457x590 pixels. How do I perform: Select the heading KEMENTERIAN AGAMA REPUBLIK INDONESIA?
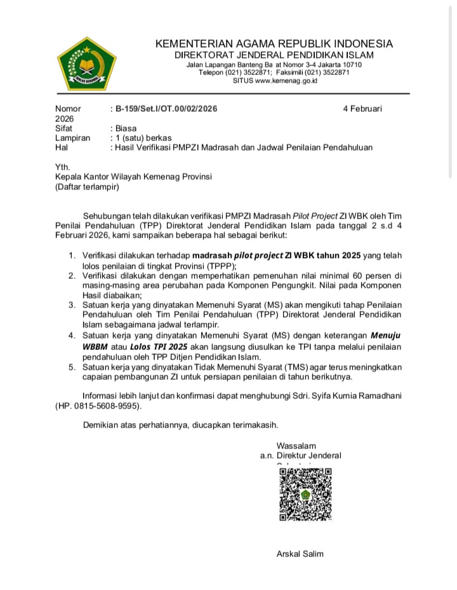(x=274, y=44)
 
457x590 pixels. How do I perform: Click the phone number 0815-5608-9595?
(x=107, y=406)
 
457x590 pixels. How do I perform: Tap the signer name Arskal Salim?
(x=300, y=554)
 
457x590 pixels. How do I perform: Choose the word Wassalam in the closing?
(x=296, y=445)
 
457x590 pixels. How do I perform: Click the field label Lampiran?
(x=72, y=137)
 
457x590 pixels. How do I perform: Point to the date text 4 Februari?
(x=362, y=109)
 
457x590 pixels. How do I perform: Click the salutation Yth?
(x=62, y=167)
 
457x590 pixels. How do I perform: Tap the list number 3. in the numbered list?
(x=72, y=305)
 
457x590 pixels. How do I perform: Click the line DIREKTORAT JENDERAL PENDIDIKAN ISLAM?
(x=274, y=55)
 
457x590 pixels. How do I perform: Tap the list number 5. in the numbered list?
(x=72, y=366)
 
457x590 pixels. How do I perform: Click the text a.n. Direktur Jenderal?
(x=300, y=455)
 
